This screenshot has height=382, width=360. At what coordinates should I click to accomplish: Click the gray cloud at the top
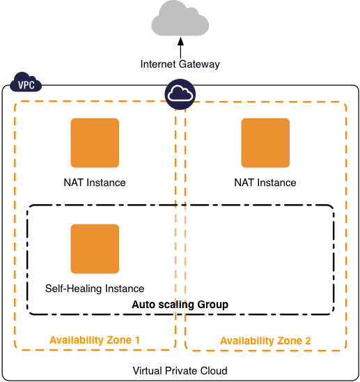(180, 20)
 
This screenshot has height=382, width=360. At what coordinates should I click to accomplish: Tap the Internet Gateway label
(180, 64)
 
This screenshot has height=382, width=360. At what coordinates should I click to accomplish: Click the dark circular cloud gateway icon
(180, 95)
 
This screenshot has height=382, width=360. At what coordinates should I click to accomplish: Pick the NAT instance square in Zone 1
(95, 143)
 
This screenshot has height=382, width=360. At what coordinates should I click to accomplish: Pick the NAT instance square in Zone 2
(265, 143)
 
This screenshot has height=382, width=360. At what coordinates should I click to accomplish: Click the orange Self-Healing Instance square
(95, 249)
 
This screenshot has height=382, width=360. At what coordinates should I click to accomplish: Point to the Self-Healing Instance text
(95, 289)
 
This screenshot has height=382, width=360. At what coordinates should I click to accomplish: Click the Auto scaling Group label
(180, 305)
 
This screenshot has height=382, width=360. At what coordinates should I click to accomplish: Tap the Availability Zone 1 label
(95, 340)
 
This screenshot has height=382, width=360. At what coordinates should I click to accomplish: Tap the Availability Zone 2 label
(265, 341)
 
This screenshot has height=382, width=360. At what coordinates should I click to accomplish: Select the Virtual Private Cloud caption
(180, 370)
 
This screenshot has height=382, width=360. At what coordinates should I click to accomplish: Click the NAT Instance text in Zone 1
(95, 183)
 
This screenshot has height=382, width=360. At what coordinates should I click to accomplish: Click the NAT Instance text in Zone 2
(265, 183)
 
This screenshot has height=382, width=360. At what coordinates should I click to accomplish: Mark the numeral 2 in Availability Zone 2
(307, 341)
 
